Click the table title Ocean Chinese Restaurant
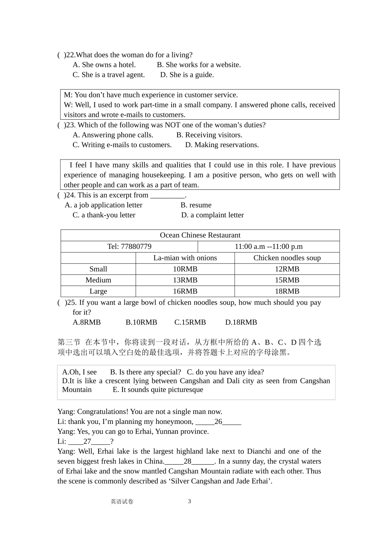tap(200, 235)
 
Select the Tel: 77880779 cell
tap(129, 246)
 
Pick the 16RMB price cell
tap(185, 292)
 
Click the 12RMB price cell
tap(287, 269)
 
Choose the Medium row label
tap(98, 280)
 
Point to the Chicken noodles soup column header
tap(287, 258)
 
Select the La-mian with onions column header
tap(185, 258)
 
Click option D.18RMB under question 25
tap(241, 322)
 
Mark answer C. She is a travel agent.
tap(109, 75)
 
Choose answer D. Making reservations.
tap(222, 145)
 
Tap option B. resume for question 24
tap(196, 205)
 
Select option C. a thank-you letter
tap(104, 215)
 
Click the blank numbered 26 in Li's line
tap(218, 422)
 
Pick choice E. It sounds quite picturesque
tap(158, 390)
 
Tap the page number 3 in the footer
tap(189, 501)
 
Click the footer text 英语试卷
tap(122, 502)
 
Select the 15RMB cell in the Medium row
tap(287, 280)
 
